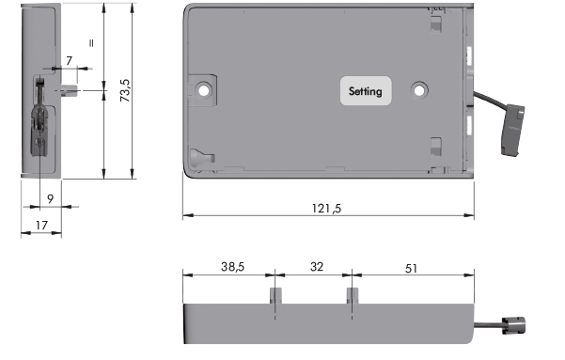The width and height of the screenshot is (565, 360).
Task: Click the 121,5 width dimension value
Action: tap(326, 208)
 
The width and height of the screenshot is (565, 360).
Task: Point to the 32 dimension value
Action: tap(316, 267)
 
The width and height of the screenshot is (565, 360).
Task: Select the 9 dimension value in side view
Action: tap(49, 199)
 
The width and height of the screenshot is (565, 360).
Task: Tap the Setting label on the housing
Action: tap(366, 91)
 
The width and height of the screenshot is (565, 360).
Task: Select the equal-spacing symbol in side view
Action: tap(91, 43)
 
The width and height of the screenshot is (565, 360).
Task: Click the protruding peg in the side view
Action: tap(68, 90)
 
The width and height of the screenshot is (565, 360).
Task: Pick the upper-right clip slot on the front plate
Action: tap(433, 25)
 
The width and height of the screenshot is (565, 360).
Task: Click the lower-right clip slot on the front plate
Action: tap(434, 147)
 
